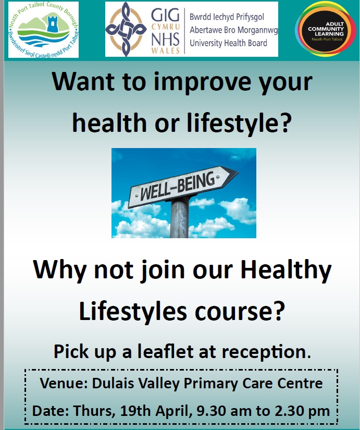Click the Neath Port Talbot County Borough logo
(43, 30)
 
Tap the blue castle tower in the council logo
(53, 24)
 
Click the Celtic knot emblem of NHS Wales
(126, 29)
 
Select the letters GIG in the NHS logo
(165, 15)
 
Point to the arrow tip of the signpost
(238, 172)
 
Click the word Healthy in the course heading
(286, 271)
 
